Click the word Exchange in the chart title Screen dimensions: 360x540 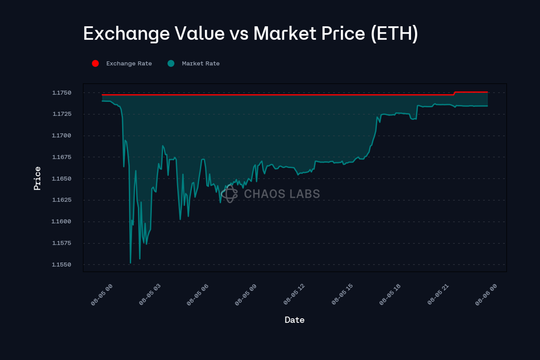coord(126,34)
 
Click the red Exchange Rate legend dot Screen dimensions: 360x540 coord(95,63)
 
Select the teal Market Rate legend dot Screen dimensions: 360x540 coord(171,63)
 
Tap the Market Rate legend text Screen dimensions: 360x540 coord(201,63)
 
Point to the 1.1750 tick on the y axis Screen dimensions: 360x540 coord(62,93)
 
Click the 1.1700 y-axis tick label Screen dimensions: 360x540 coord(62,136)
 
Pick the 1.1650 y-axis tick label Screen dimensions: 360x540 coord(62,179)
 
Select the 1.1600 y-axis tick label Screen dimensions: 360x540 coord(62,221)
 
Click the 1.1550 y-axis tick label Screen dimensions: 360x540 coord(62,265)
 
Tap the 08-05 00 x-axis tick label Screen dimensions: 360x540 coord(102,295)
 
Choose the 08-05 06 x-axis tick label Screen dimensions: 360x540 coord(198,295)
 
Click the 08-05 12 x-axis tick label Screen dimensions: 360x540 coord(294,295)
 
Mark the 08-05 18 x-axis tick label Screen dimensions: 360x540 coord(390,295)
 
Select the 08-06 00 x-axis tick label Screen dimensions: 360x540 coord(486,295)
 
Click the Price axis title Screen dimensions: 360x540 coord(37,178)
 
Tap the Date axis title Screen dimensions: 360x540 coord(294,320)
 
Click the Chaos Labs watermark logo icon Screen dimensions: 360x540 coord(230,194)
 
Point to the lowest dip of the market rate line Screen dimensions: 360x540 coord(130,263)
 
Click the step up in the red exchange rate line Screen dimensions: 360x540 coord(455,93)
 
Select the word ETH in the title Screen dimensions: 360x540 coord(394,34)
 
